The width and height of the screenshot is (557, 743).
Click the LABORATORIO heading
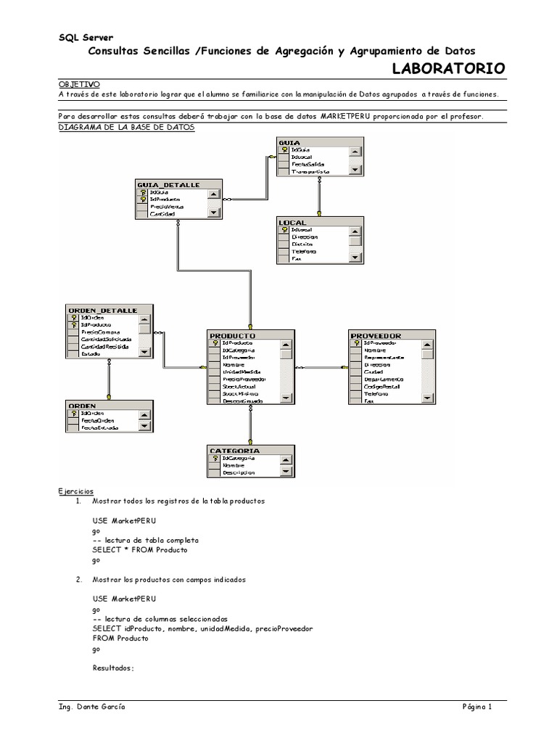pos(448,69)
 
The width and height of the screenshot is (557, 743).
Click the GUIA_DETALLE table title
pos(168,185)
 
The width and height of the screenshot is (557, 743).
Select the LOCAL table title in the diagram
pos(292,221)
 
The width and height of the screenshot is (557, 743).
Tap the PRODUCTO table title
pos(232,335)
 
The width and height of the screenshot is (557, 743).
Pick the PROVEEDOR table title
pos(376,335)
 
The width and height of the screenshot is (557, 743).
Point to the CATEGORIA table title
pos(234,451)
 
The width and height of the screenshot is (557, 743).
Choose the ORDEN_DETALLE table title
pos(101,310)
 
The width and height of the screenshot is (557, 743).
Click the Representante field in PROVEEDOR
pos(384,357)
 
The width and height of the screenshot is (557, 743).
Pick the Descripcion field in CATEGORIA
pos(239,472)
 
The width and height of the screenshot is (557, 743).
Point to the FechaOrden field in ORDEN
pos(97,420)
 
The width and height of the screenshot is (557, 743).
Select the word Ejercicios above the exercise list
pos(75,491)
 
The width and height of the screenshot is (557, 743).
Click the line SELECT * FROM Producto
pos(140,550)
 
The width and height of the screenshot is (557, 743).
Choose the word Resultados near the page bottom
pos(114,668)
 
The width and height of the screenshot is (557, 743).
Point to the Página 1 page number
pos(478,707)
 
